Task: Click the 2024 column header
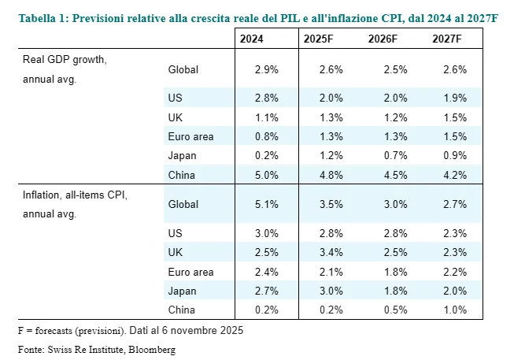coord(251,39)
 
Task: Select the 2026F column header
coord(383,39)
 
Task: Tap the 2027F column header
coord(447,39)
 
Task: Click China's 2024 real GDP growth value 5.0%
coord(267,175)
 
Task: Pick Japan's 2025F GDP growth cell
coord(331,155)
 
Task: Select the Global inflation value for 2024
coord(267,204)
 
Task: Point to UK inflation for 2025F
coord(331,252)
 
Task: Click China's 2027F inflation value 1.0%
coord(455,310)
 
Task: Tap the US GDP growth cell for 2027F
coord(455,98)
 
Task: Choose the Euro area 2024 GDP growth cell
coord(267,136)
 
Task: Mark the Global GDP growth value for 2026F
coord(396,69)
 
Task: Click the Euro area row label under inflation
coord(190,272)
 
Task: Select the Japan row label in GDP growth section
coord(183,156)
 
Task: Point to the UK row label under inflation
coord(176,252)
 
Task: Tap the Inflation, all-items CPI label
coord(75,195)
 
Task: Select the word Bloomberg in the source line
coord(152,350)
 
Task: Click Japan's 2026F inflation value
coord(396,291)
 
